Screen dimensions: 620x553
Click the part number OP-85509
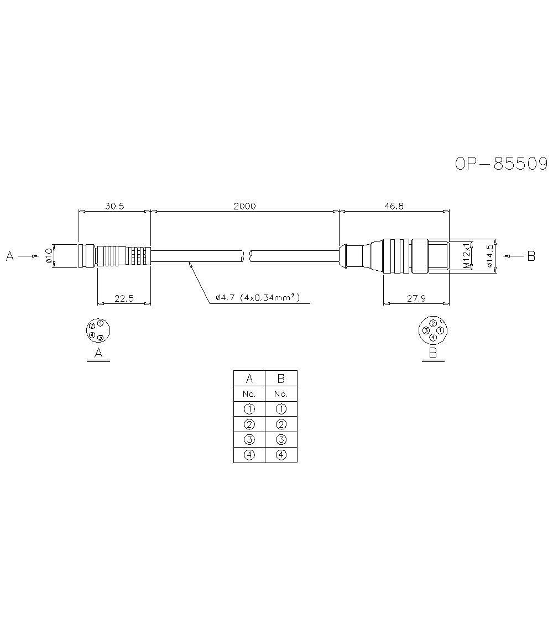501,164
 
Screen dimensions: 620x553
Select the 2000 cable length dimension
244,206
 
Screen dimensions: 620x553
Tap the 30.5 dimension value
114,206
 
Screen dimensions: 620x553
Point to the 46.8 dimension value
393,206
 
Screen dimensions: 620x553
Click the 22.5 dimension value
124,298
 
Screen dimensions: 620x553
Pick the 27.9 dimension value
415,298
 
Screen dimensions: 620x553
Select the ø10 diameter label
49,256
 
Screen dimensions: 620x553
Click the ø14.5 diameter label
489,256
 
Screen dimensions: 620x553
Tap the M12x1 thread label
467,256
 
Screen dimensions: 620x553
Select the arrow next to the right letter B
514,256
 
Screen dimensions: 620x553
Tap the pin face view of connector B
433,330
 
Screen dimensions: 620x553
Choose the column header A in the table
249,379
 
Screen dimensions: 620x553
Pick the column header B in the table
281,379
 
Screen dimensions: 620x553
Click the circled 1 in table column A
249,409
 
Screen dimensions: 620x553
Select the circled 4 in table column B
281,455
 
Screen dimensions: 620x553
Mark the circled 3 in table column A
249,440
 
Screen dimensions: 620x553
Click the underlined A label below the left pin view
98,353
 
